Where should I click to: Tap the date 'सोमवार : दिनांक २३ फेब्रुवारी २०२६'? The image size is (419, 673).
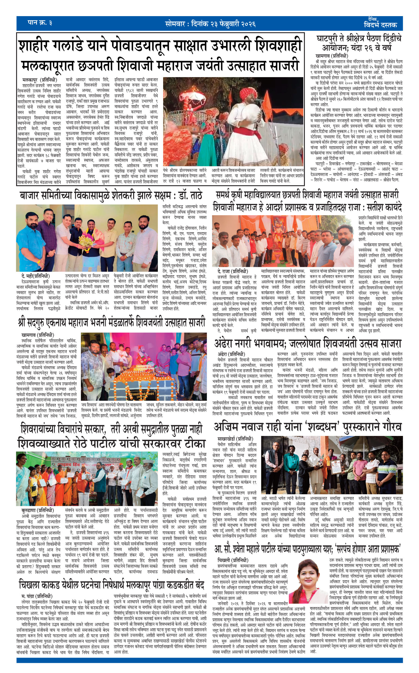[210, 24]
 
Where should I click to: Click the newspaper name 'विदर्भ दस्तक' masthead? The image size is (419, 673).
[380, 24]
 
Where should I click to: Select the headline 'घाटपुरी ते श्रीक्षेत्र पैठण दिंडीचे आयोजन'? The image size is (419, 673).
[359, 42]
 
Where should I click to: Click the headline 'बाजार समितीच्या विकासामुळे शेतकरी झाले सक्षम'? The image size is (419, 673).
[111, 196]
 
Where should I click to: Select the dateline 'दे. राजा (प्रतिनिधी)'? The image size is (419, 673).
[233, 271]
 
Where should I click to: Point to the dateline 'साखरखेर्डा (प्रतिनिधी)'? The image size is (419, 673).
[235, 439]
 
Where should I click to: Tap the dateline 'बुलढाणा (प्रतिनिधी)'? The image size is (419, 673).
[37, 510]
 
